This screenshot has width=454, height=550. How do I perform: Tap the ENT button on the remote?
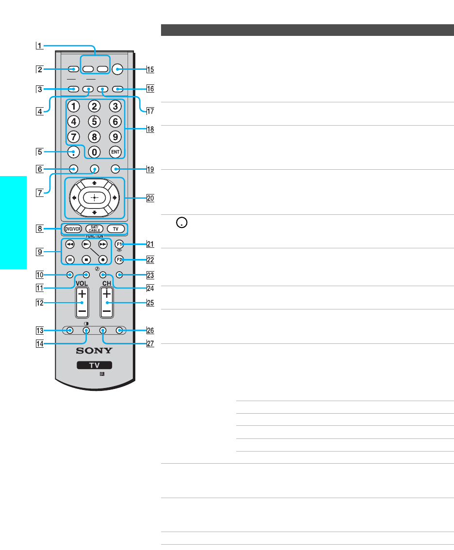(x=115, y=152)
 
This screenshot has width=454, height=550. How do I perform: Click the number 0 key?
(x=95, y=152)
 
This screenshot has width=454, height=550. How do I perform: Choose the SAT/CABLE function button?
(x=95, y=229)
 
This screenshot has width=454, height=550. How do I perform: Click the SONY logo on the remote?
(x=95, y=350)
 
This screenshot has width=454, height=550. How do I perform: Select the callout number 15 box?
(x=150, y=69)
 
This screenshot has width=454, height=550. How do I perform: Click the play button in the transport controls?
(x=86, y=244)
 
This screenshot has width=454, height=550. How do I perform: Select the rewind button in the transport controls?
(x=70, y=244)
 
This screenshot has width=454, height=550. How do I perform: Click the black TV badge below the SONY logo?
(x=95, y=365)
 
